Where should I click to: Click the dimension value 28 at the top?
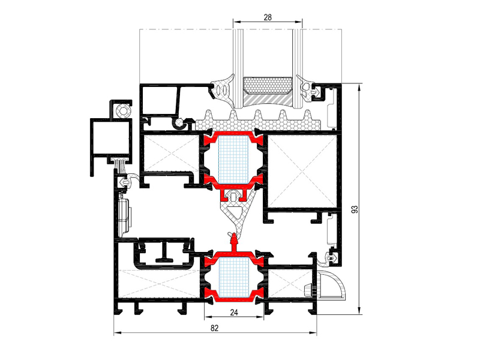click(x=268, y=17)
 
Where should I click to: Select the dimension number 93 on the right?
click(x=355, y=209)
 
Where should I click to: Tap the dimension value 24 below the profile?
click(x=234, y=312)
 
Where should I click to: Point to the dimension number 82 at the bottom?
click(x=215, y=328)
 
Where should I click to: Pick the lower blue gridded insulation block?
click(x=233, y=278)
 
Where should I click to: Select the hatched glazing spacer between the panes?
click(x=267, y=100)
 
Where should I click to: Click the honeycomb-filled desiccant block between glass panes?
click(x=267, y=85)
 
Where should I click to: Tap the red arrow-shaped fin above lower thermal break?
click(x=234, y=241)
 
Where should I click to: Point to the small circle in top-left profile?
click(x=124, y=110)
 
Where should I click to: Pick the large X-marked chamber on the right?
click(x=302, y=171)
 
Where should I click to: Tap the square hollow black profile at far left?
click(x=112, y=137)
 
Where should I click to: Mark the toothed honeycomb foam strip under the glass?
click(x=259, y=121)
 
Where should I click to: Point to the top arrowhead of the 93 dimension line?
click(x=359, y=87)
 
